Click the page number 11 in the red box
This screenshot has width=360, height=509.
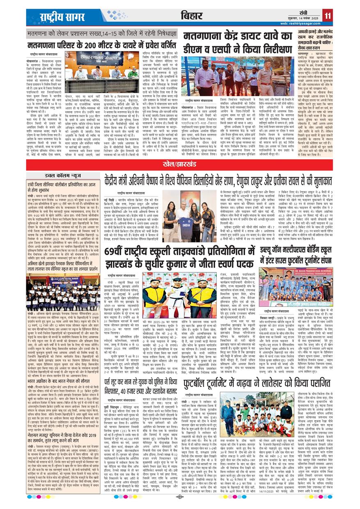[x=327, y=16]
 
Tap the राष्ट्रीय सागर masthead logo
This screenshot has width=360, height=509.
[x=55, y=17]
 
